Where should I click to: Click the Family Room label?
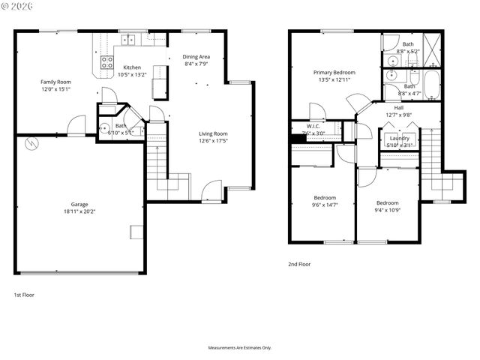pyautogui.click(x=55, y=81)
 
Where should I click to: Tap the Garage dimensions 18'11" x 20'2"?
pyautogui.click(x=79, y=211)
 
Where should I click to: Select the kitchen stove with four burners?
pyautogui.click(x=107, y=63)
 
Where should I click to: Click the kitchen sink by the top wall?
pyautogui.click(x=128, y=39)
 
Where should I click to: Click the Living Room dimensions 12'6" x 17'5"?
pyautogui.click(x=213, y=141)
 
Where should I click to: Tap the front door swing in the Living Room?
pyautogui.click(x=212, y=190)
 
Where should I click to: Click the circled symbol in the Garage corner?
pyautogui.click(x=31, y=142)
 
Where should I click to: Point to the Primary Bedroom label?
pyautogui.click(x=334, y=72)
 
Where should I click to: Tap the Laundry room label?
pyautogui.click(x=398, y=138)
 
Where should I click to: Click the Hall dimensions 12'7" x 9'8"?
pyautogui.click(x=399, y=115)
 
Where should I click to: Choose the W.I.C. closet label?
pyautogui.click(x=313, y=126)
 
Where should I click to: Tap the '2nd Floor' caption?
pyautogui.click(x=299, y=264)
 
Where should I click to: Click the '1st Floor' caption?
pyautogui.click(x=24, y=295)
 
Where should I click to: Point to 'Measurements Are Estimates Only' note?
pyautogui.click(x=240, y=348)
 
